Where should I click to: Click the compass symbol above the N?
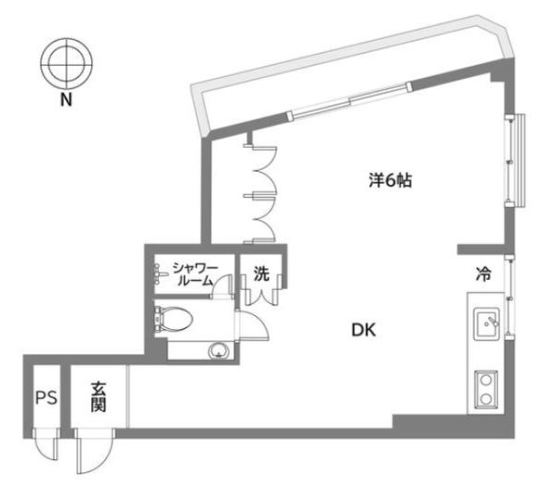tap(66, 64)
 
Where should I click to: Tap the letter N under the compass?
tap(66, 100)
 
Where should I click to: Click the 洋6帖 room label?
tap(391, 180)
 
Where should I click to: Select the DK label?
tap(364, 330)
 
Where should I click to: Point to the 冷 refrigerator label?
tap(483, 274)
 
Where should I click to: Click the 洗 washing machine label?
tap(261, 274)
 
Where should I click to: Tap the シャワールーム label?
tap(195, 274)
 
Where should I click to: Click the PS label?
tap(46, 398)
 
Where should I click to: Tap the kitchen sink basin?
tap(487, 324)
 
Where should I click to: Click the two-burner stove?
tap(486, 389)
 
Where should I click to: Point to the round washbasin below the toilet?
tap(219, 351)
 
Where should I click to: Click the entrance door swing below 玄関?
tap(94, 451)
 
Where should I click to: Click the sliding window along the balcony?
tap(350, 101)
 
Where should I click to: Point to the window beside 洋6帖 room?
tap(515, 161)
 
